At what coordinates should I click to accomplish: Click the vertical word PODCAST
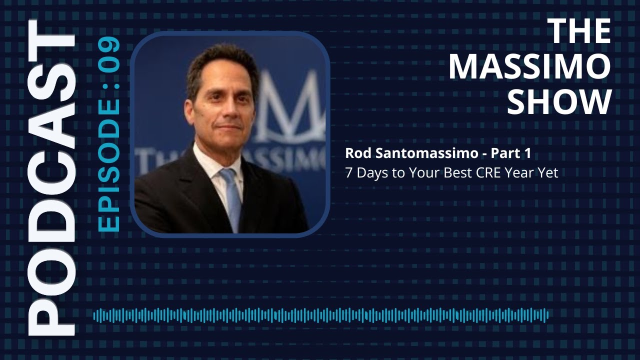[51, 178]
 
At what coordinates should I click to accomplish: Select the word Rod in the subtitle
[356, 154]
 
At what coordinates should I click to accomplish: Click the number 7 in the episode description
[348, 173]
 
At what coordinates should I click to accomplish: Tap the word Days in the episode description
[369, 173]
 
